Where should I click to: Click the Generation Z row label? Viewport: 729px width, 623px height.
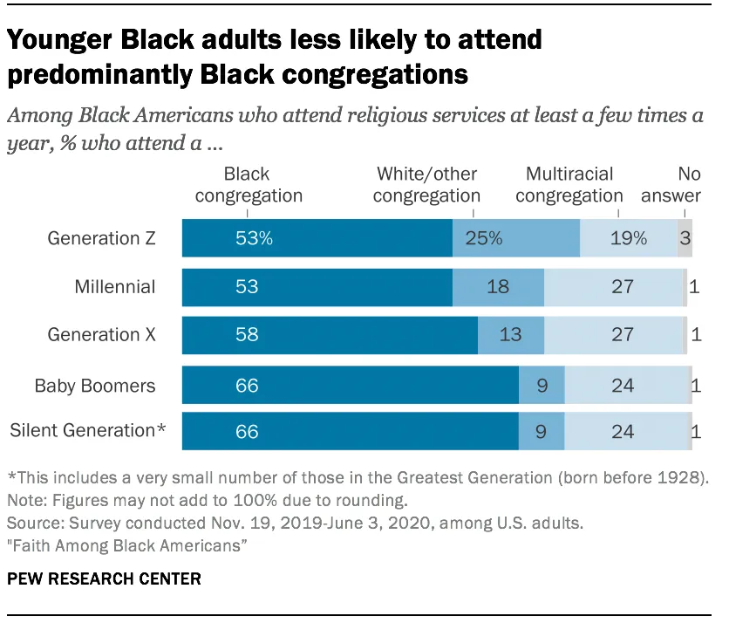[101, 238]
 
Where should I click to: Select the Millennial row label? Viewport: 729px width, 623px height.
[115, 286]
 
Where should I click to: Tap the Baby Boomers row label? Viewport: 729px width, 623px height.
[95, 385]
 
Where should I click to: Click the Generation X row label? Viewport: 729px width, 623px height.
[101, 334]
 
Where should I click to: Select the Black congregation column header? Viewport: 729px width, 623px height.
[248, 185]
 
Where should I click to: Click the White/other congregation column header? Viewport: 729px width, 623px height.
[426, 185]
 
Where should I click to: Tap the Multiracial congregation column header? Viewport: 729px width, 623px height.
[569, 185]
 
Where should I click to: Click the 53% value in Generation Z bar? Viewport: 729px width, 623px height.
[254, 238]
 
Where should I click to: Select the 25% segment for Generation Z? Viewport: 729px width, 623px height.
[484, 238]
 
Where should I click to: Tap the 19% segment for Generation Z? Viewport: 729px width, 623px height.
[629, 238]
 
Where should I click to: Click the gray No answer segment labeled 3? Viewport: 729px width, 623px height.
[685, 238]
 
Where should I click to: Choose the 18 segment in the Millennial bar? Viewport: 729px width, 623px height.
[498, 286]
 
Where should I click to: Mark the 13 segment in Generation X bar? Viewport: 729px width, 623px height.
[511, 334]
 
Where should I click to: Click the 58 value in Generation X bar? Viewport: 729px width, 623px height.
[247, 334]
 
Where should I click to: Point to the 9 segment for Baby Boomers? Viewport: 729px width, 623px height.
[542, 385]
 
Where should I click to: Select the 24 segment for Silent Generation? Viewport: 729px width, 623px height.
[623, 430]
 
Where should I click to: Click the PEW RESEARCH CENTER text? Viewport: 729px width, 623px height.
[105, 578]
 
